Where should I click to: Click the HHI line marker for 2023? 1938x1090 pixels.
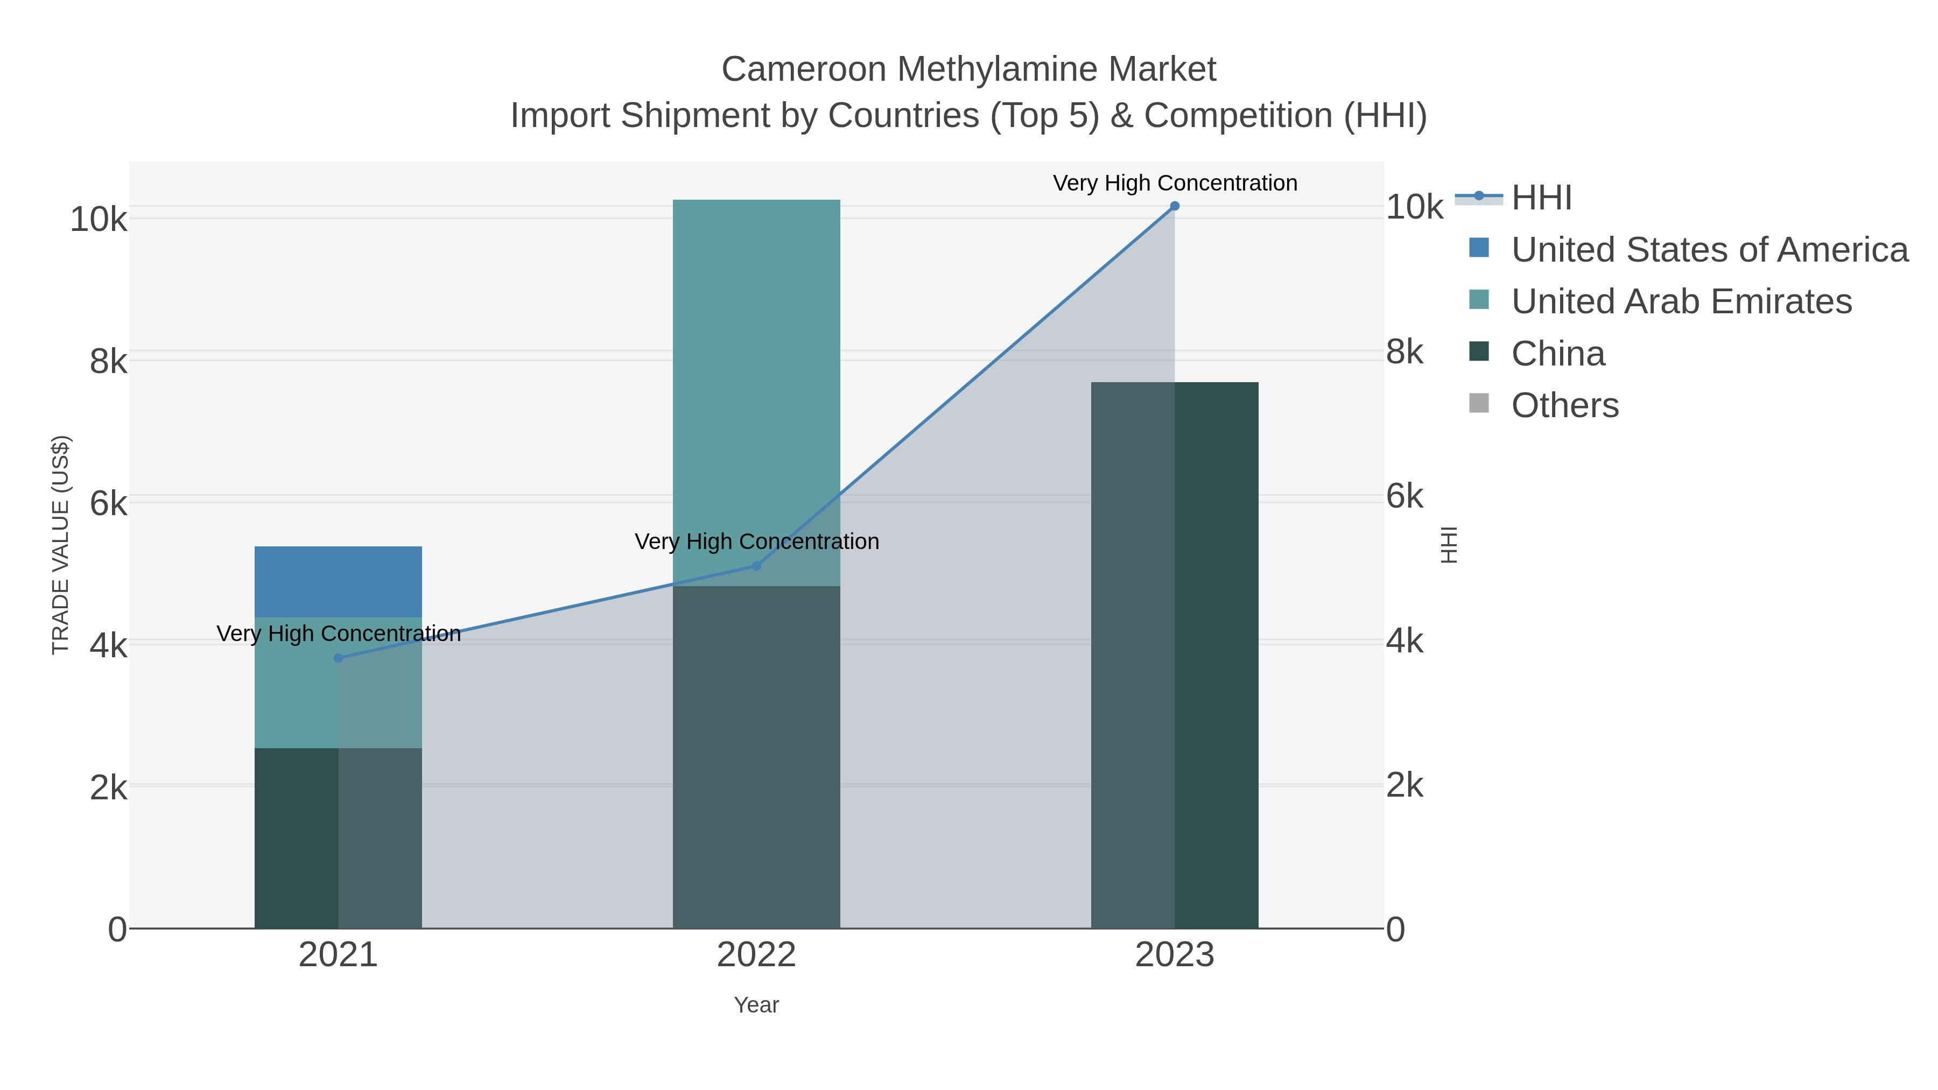click(1175, 206)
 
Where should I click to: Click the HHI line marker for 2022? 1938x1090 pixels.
click(757, 566)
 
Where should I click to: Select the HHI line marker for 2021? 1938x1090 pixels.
click(339, 658)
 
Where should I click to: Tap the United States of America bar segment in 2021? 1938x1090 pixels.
click(339, 581)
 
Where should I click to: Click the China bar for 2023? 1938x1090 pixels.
click(1175, 655)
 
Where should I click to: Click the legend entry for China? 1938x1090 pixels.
click(1557, 354)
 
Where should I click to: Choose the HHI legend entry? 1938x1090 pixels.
click(1541, 198)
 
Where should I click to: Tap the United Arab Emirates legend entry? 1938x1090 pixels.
click(1681, 301)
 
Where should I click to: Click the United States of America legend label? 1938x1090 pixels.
click(1709, 250)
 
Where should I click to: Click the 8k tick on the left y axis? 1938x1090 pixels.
click(108, 362)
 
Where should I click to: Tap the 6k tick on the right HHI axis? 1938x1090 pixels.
click(1405, 496)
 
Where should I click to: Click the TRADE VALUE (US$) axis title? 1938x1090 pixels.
click(60, 545)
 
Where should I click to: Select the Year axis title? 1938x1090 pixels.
click(756, 1005)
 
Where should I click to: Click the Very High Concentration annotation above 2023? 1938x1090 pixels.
click(1175, 183)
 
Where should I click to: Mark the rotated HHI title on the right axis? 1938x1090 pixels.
click(1448, 545)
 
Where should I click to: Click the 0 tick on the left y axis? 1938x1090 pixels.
click(117, 930)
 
